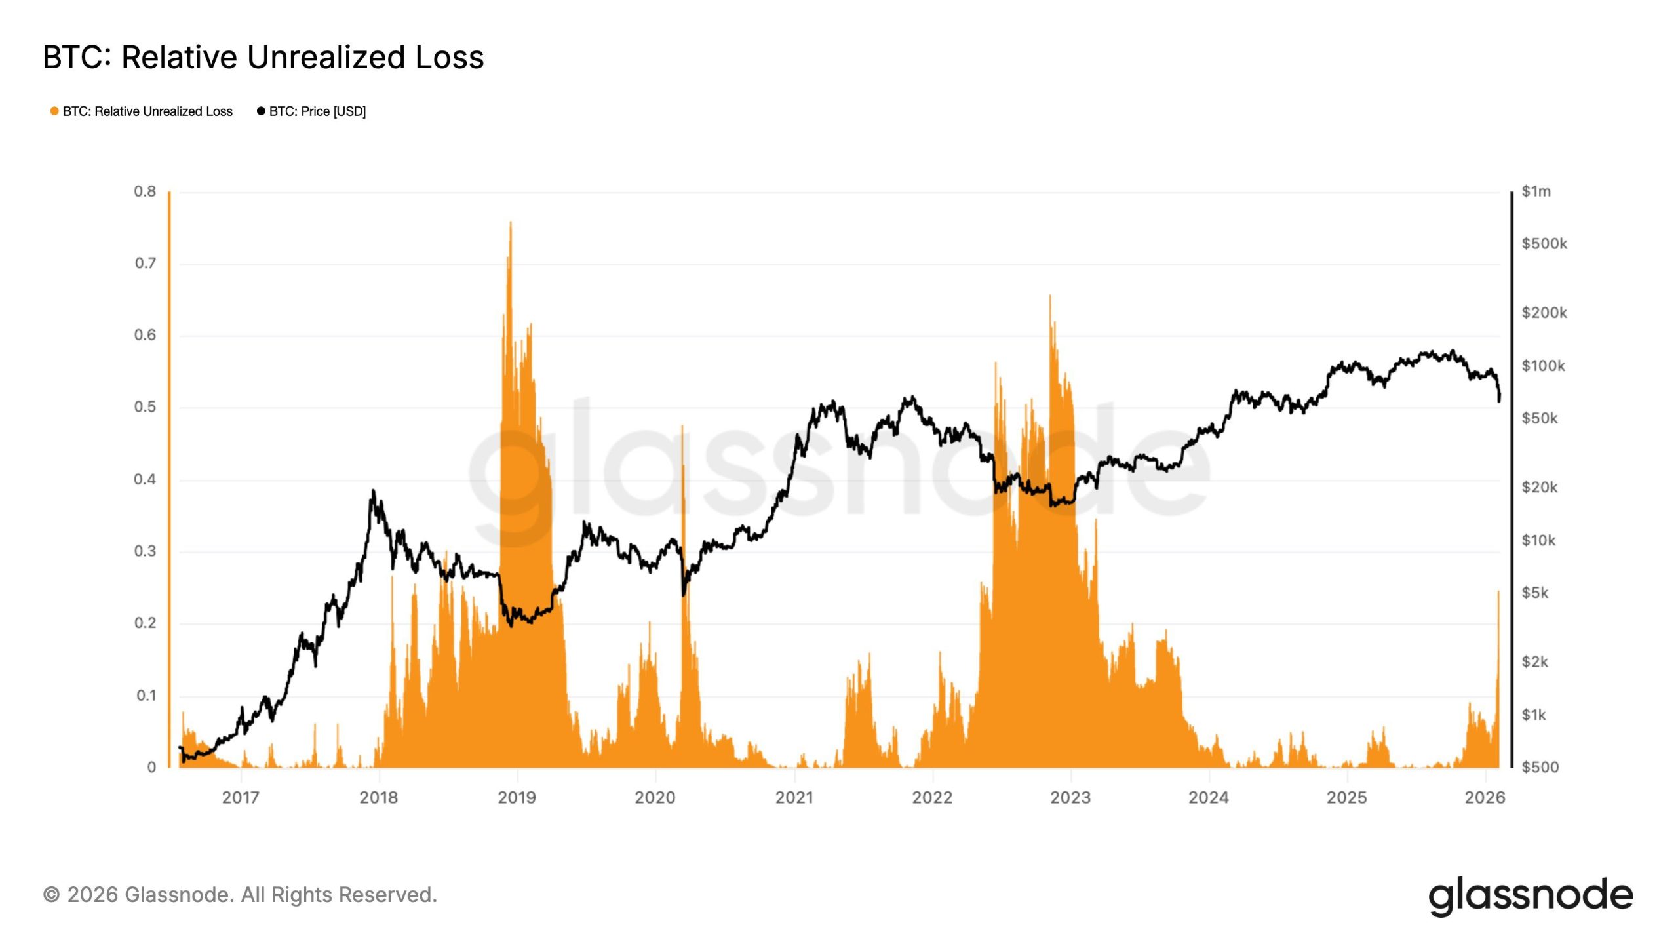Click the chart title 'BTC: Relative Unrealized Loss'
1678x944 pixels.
[263, 57]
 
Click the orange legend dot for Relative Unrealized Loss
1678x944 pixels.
[54, 111]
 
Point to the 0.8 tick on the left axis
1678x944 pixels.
[145, 191]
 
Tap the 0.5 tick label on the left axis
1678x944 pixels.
[145, 407]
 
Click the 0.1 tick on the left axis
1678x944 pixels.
[146, 696]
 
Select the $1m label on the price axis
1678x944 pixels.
[1536, 191]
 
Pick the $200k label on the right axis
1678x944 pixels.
[1544, 313]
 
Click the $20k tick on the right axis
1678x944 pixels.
[1539, 487]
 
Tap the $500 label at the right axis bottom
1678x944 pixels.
[1540, 767]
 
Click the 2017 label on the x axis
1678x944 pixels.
[241, 798]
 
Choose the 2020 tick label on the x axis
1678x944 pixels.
[655, 798]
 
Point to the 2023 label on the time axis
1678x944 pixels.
[1070, 798]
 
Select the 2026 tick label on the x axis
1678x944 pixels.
[1485, 798]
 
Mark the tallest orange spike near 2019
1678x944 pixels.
[511, 223]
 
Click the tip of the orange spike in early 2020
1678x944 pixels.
[682, 426]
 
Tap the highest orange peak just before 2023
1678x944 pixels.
[1050, 296]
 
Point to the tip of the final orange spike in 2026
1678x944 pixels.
[1498, 592]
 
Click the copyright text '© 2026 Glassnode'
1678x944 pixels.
[240, 895]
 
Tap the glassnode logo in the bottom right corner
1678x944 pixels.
[1531, 896]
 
